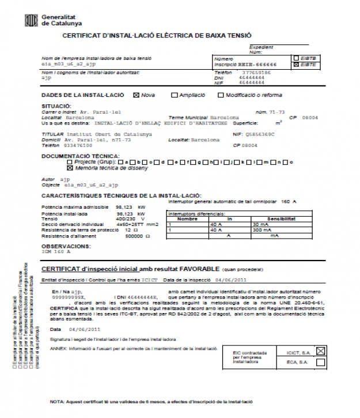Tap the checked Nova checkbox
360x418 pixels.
coord(136,95)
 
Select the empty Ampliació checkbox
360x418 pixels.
coord(174,95)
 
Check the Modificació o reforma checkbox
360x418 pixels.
coord(220,95)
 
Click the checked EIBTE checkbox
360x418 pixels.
coord(296,65)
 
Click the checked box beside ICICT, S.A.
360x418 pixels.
coord(320,350)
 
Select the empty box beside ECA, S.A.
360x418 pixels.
coord(320,362)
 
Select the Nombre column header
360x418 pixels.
coord(187,219)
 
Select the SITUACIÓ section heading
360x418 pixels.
coord(56,106)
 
